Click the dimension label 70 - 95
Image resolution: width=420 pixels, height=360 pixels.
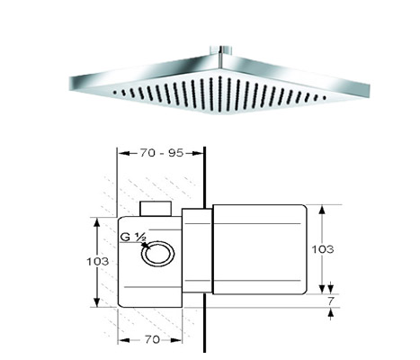pyautogui.click(x=161, y=153)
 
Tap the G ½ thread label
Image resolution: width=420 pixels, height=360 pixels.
pyautogui.click(x=133, y=238)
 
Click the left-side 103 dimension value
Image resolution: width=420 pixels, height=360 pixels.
pyautogui.click(x=98, y=262)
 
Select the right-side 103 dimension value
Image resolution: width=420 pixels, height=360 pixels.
pyautogui.click(x=323, y=249)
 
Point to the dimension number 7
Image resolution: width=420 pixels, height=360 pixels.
pyautogui.click(x=330, y=301)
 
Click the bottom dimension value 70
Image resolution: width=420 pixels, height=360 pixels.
pyautogui.click(x=152, y=339)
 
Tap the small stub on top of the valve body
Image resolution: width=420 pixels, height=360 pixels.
pyautogui.click(x=156, y=209)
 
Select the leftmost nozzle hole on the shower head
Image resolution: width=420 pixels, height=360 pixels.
pyautogui.click(x=114, y=93)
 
